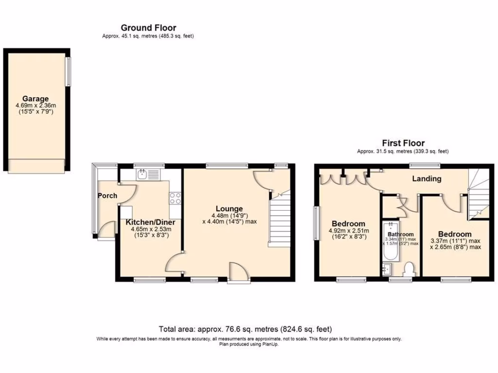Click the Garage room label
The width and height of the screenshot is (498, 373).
point(35,99)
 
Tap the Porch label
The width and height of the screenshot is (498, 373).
point(107,196)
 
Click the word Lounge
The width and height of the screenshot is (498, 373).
point(229,209)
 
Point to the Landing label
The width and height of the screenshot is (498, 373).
point(427,179)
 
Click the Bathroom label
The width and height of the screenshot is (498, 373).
point(400,234)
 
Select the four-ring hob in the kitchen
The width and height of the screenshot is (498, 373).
point(175,198)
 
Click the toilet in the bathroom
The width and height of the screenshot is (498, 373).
point(409,269)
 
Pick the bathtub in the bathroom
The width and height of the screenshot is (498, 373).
point(390,241)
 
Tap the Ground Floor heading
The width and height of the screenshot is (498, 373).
point(148,28)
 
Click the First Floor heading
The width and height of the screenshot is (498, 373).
point(403,143)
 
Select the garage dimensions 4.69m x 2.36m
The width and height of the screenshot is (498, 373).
point(35,105)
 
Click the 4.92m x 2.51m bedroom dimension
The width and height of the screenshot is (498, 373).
point(349,231)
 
